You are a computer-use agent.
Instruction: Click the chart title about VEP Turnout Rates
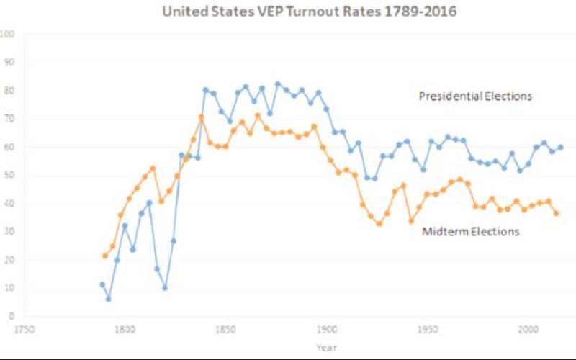[x=310, y=11]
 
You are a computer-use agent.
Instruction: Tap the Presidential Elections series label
[x=475, y=96]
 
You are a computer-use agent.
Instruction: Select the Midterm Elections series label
[x=471, y=231]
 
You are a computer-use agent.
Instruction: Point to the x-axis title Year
[x=327, y=347]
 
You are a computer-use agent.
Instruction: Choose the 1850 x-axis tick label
[x=226, y=330]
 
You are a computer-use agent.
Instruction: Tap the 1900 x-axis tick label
[x=327, y=330]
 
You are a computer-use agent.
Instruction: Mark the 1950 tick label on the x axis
[x=428, y=330]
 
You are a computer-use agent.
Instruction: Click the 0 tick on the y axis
[x=12, y=316]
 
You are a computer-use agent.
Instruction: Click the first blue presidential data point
[x=102, y=284]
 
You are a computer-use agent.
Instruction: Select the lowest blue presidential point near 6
[x=109, y=299]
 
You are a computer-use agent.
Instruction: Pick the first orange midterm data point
[x=105, y=256]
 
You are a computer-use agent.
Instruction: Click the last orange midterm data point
[x=557, y=213]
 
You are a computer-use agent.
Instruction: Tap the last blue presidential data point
[x=561, y=148]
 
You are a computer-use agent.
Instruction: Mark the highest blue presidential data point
[x=278, y=84]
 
